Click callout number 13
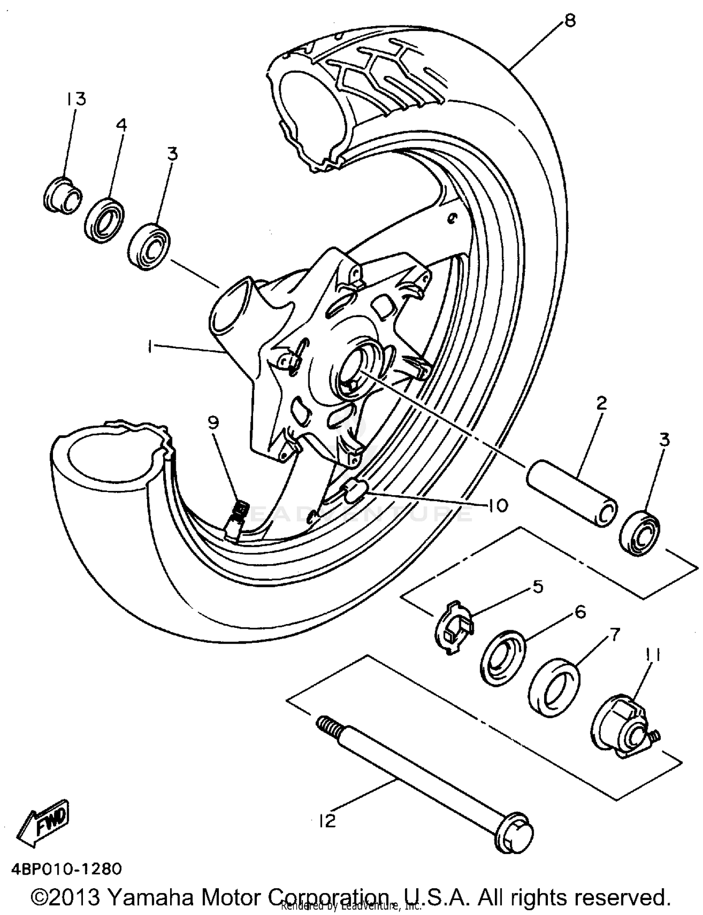tap(76, 99)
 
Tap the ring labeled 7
tap(554, 688)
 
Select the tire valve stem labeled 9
tap(237, 520)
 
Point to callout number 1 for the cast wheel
tap(149, 347)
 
